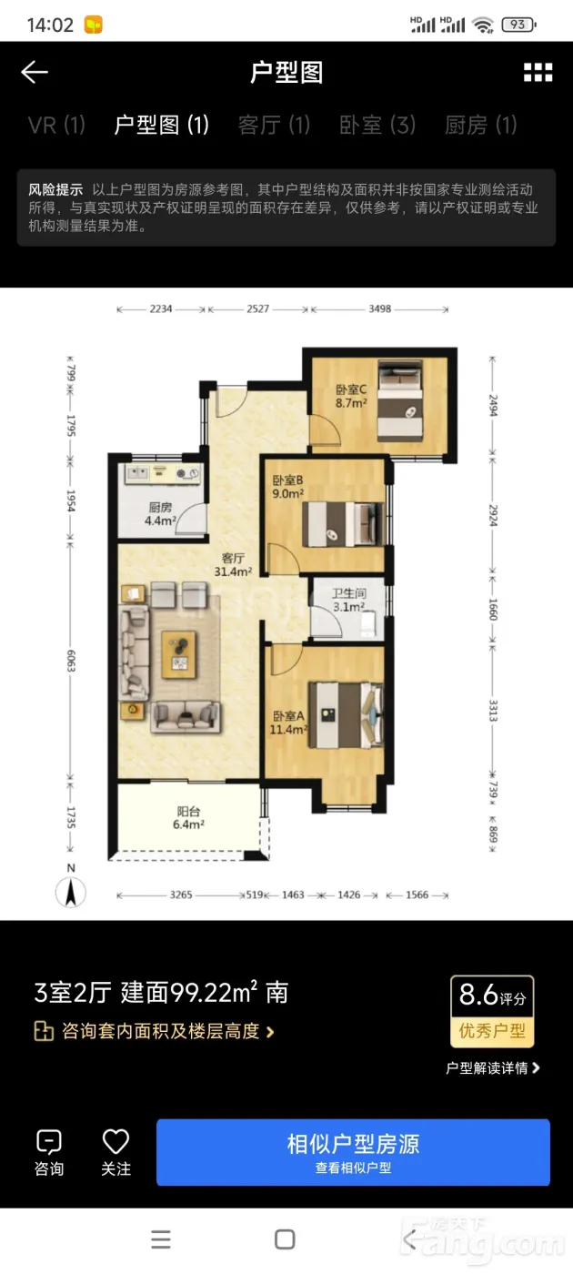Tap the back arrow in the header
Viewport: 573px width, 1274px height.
point(35,72)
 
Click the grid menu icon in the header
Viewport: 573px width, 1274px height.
point(538,72)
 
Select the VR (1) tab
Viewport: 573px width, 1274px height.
point(56,125)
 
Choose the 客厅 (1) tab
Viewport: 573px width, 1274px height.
point(274,125)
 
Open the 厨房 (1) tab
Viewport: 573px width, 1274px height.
point(481,125)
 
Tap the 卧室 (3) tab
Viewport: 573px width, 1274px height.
point(377,125)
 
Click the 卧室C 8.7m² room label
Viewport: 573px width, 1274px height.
point(351,396)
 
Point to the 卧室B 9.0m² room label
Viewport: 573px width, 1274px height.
point(287,487)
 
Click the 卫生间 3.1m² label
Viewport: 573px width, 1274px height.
point(349,600)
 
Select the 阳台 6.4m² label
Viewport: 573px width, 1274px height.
point(188,818)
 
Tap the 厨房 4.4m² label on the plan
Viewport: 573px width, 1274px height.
point(160,513)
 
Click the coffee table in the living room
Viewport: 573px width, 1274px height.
point(179,654)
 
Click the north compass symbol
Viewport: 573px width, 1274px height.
point(71,886)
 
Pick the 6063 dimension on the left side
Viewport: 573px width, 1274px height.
point(71,661)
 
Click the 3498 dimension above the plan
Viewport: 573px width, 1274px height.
point(380,308)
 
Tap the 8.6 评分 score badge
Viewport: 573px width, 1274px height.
point(492,1012)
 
